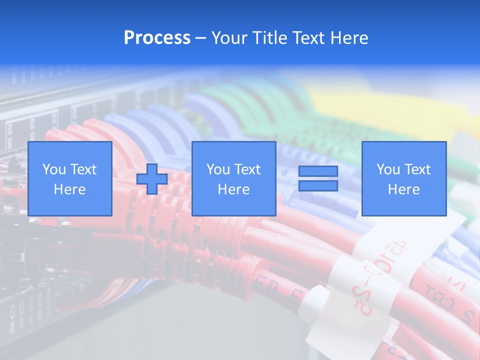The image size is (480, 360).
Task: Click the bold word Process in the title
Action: pyautogui.click(x=157, y=38)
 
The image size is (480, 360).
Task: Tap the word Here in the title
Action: pyautogui.click(x=350, y=38)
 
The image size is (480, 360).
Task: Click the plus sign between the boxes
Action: pyautogui.click(x=152, y=179)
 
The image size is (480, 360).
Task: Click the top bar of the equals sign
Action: pyautogui.click(x=318, y=171)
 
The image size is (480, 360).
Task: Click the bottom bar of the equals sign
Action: pyautogui.click(x=318, y=186)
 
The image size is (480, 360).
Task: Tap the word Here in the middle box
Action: pyautogui.click(x=234, y=189)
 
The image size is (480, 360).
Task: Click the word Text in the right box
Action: pyautogui.click(x=417, y=169)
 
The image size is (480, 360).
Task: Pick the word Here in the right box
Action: pyautogui.click(x=404, y=189)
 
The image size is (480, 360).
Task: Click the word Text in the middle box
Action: pyautogui.click(x=247, y=169)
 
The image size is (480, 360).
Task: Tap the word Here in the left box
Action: pyautogui.click(x=70, y=189)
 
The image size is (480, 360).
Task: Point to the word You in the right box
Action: pyautogui.click(x=388, y=169)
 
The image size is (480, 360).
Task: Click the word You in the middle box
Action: pyautogui.click(x=218, y=169)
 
